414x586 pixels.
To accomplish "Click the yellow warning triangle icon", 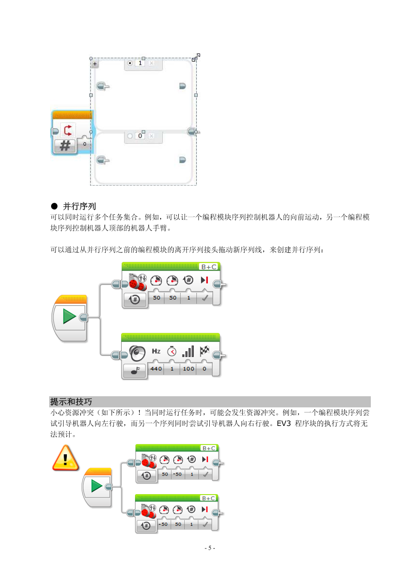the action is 65,458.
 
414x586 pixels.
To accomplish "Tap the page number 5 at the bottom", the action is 210,548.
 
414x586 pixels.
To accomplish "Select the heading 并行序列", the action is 79,206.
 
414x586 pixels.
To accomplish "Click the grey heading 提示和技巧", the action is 71,401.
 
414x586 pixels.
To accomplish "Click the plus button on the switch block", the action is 95,64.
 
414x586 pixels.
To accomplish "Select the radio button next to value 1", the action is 130,63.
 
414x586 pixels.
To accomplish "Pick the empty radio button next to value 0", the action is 130,136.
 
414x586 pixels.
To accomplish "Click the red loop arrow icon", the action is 68,130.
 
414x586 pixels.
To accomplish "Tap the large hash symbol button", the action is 65,146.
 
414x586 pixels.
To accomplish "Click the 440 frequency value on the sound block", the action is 156,368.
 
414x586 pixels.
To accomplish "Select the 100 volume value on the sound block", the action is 188,368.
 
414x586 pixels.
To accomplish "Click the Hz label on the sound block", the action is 156,351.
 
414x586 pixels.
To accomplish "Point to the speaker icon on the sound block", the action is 137,353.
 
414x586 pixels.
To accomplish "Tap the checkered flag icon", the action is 204,351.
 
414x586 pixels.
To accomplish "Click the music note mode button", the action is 135,370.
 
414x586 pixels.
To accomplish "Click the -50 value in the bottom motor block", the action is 163,524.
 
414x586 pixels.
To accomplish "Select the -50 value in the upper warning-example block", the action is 177,474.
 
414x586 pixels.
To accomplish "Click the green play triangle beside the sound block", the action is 69,316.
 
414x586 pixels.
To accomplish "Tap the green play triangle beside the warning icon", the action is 97,486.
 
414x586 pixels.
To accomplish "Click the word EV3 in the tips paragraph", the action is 284,423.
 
